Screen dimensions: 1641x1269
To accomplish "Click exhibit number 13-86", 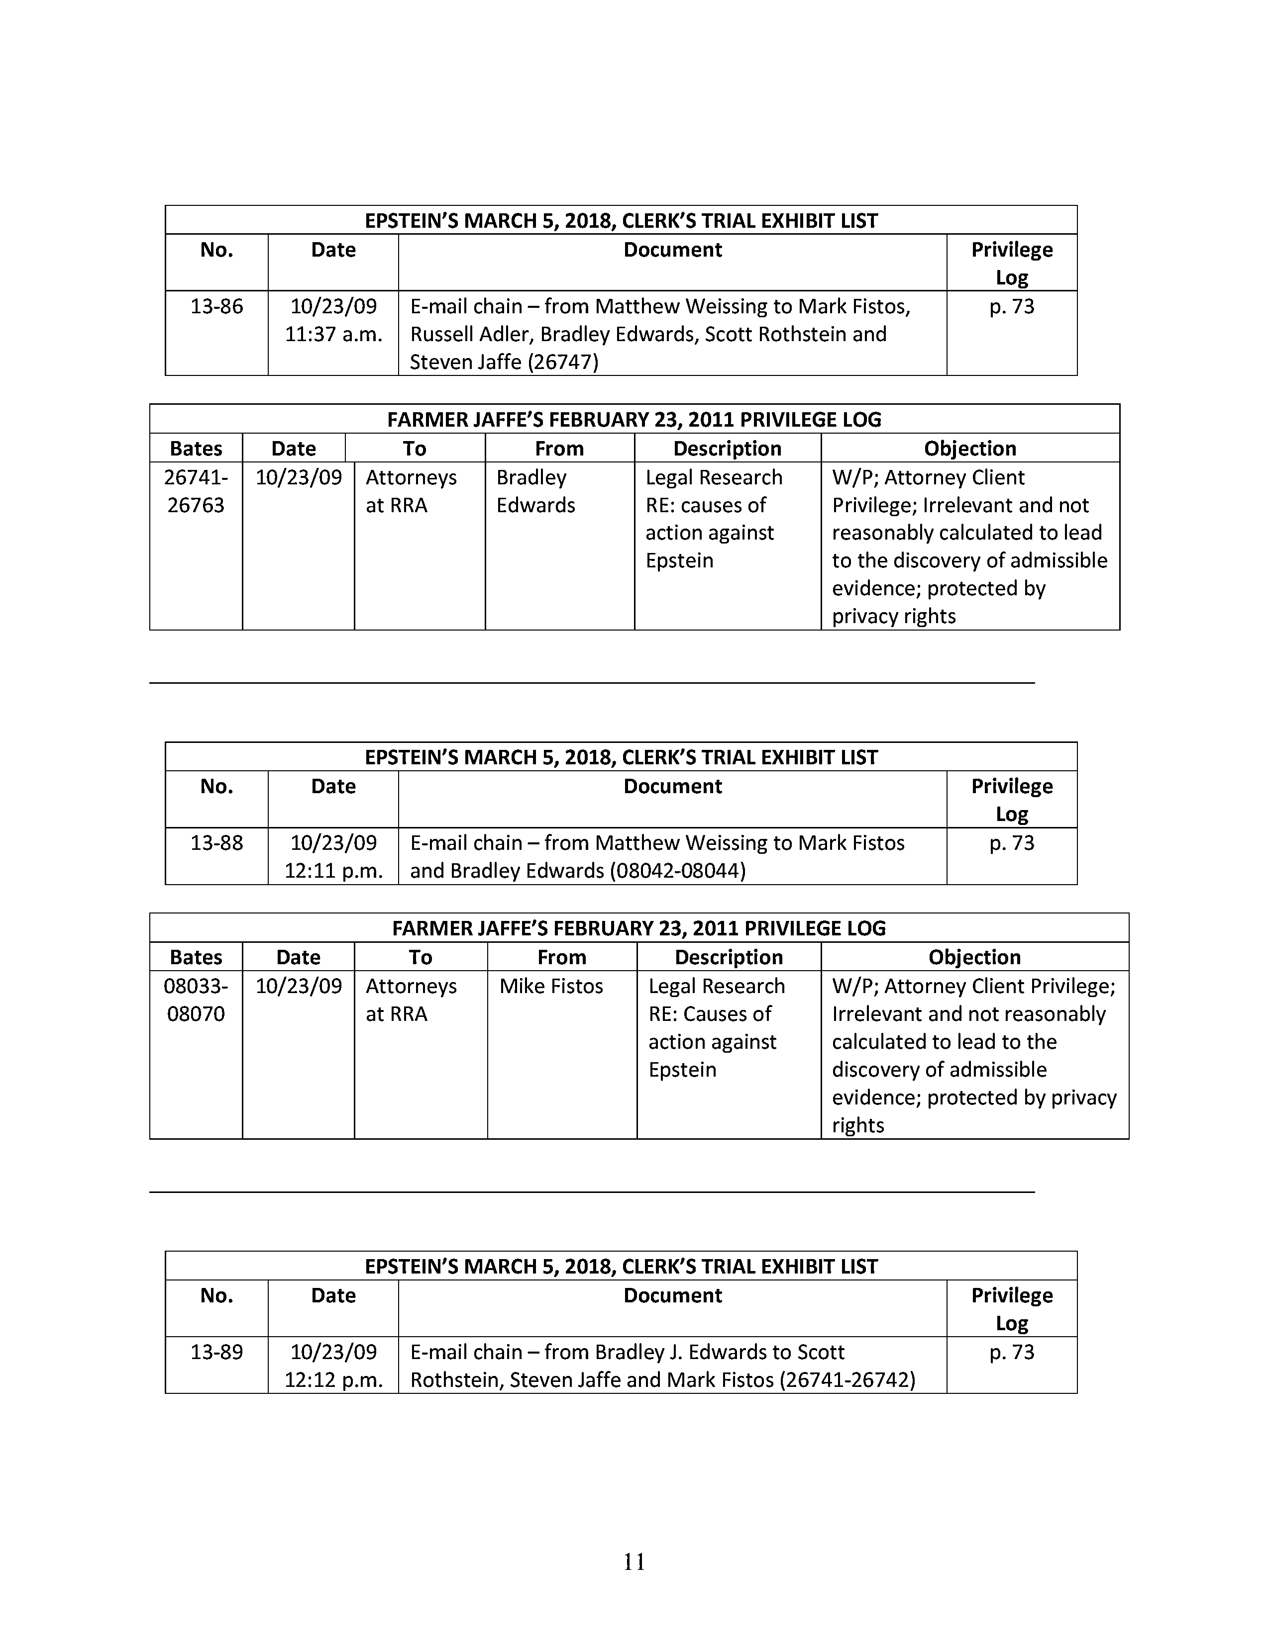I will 216,306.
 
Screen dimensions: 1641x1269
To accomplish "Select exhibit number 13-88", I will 216,843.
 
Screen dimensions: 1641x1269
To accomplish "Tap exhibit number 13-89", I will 216,1353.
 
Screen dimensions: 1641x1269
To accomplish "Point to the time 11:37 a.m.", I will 333,334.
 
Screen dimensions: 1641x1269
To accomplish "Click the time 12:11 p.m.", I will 333,871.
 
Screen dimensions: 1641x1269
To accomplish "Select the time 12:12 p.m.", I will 333,1380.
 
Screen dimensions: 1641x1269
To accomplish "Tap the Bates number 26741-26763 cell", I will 196,491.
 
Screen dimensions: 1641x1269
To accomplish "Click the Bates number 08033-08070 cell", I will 196,1000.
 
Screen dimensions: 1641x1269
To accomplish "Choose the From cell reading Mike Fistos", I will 551,987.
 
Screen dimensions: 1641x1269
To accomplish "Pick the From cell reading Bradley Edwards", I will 535,491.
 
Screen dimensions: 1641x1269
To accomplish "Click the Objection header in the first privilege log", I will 970,449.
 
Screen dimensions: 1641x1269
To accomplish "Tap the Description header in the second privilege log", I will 729,957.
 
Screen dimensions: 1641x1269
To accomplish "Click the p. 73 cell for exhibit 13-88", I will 1011,843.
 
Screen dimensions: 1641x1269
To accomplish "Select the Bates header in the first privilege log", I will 196,449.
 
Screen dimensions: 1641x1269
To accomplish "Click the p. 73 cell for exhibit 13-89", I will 1011,1353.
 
